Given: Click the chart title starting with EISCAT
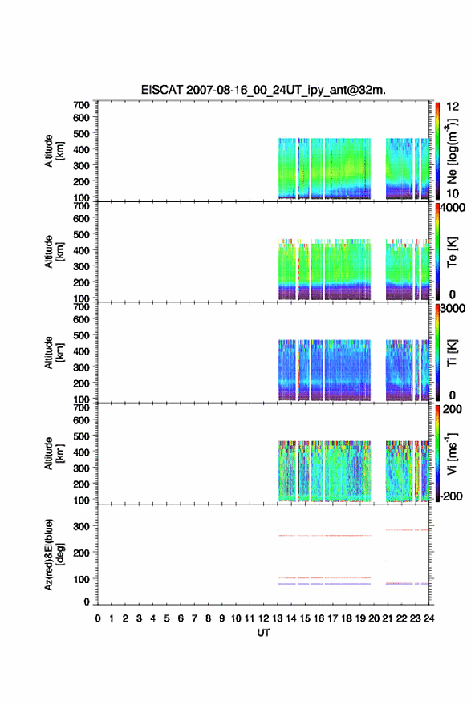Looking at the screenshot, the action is (x=263, y=90).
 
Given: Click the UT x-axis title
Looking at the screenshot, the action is (x=263, y=633).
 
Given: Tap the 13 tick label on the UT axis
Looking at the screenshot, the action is (x=277, y=618).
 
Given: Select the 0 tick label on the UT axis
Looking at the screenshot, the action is (x=98, y=618).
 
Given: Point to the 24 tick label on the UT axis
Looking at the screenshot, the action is (x=428, y=618).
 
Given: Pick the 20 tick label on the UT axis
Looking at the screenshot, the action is (x=374, y=618).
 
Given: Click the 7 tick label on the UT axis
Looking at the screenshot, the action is (x=194, y=618).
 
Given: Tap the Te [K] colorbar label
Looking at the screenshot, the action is (x=452, y=252).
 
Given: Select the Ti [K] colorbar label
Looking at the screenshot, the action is (x=452, y=353).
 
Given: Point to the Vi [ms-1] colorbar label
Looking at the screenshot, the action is (x=452, y=453).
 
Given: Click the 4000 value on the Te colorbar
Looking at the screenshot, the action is (x=453, y=208).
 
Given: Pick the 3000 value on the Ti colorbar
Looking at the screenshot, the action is (x=453, y=309).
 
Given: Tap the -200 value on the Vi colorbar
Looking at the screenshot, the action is (x=450, y=496).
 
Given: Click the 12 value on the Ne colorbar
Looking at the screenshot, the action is (x=453, y=107).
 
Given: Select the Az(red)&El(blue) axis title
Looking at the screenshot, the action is (x=54, y=554).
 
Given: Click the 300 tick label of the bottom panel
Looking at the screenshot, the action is (x=81, y=525).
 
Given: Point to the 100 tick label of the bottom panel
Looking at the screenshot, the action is (x=81, y=579).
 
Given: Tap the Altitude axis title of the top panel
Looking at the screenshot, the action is (x=54, y=151).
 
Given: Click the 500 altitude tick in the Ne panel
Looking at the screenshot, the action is (x=81, y=133).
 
